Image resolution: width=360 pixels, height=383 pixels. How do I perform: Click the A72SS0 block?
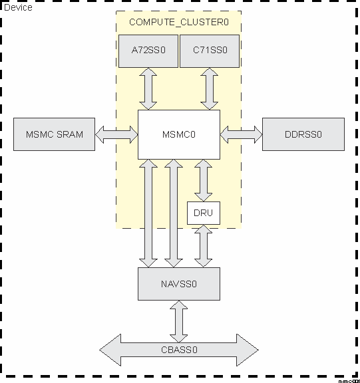pos(148,50)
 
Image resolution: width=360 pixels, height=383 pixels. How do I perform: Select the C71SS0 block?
pos(210,50)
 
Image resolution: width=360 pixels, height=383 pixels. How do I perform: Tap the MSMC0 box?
pos(178,134)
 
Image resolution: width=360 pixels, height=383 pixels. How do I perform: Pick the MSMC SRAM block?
pos(55,134)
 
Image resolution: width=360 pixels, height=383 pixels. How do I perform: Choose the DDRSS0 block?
pos(303,134)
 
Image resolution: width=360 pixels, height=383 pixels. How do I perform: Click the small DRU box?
pos(203,213)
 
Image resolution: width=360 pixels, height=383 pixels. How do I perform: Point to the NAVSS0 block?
pos(178,284)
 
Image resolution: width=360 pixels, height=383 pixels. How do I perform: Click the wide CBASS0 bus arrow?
pos(178,349)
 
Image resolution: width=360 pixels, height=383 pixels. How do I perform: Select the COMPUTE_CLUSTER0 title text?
pos(178,22)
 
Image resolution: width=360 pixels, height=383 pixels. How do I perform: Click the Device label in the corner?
pos(18,7)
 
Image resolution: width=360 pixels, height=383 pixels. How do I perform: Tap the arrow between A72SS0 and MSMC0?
pos(148,88)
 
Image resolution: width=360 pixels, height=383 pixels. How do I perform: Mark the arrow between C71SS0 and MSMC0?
pos(210,88)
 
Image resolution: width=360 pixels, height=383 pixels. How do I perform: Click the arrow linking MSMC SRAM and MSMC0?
pos(116,134)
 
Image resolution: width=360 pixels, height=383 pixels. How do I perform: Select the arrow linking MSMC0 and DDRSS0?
pos(241,134)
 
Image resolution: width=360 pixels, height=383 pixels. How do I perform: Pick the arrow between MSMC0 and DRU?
pos(203,180)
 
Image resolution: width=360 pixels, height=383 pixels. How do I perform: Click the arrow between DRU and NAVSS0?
pos(203,246)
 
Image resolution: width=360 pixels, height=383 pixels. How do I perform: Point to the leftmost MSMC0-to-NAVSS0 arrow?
pos(148,213)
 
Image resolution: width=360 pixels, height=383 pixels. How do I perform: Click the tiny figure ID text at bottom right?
pos(348,380)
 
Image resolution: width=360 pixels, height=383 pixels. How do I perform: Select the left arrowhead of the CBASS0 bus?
pos(110,349)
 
